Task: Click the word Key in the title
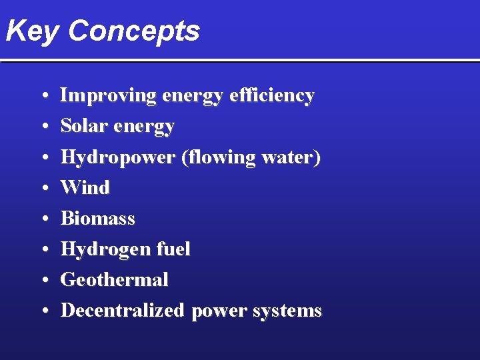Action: coord(31,31)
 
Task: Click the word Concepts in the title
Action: coord(133,31)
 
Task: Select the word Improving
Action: coord(108,96)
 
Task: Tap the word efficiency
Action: coord(271,96)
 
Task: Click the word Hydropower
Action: coord(118,157)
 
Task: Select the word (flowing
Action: coord(213,157)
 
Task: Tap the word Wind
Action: coord(85,188)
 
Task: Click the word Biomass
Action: coord(98,219)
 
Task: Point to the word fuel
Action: coord(172,249)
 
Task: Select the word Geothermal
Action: coord(114,280)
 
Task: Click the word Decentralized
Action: coord(122,311)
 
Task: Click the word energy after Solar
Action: coord(145,127)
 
